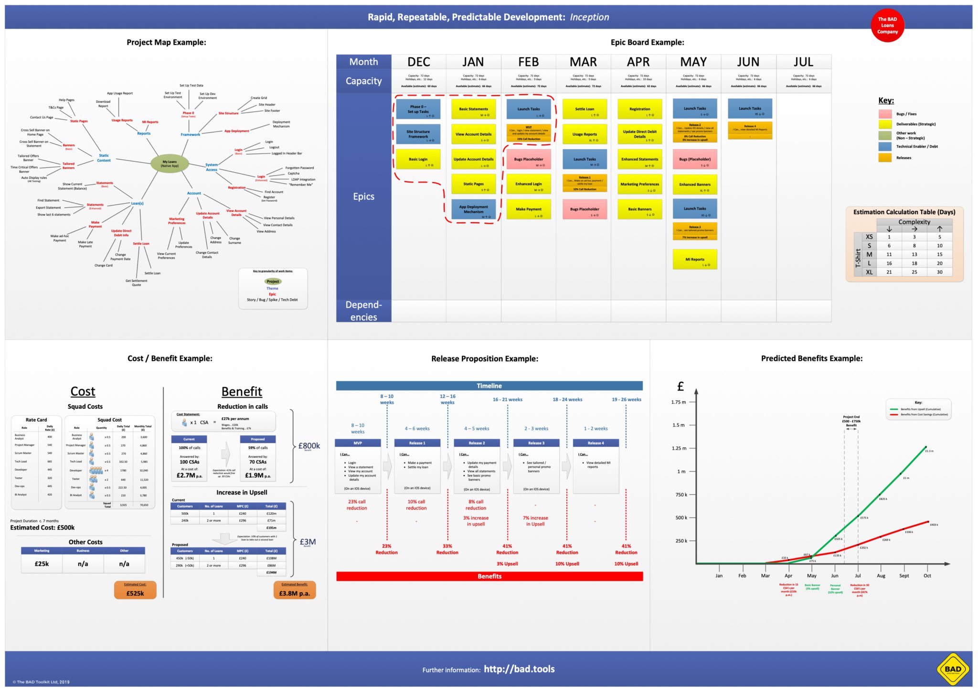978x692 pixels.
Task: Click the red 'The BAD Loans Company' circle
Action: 887,26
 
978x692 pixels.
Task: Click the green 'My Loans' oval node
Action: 170,163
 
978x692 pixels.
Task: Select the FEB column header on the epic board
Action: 528,62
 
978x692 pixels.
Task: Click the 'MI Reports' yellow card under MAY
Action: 695,259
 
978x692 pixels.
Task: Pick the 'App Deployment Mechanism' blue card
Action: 473,209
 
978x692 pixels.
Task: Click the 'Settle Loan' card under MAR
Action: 585,109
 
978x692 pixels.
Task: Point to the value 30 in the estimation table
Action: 939,272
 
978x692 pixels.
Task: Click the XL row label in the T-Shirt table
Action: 869,272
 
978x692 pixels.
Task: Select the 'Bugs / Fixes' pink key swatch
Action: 885,114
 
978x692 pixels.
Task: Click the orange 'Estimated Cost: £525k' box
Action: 135,590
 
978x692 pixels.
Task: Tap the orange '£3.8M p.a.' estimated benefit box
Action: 295,590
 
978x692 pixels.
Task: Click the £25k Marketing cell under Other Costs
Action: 42,564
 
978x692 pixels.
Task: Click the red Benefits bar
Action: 489,576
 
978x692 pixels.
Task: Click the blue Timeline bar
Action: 489,386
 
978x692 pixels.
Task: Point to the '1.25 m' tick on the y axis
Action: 679,448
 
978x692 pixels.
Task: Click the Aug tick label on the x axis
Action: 881,576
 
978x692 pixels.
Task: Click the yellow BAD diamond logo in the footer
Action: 953,669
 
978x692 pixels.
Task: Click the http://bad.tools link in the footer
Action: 519,669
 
